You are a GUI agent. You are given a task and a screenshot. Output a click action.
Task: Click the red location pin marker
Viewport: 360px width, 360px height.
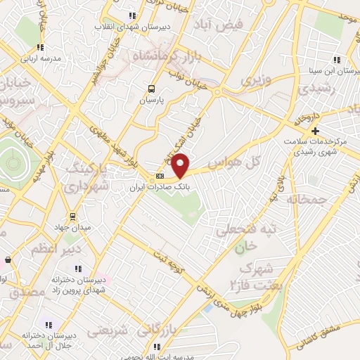[181, 165]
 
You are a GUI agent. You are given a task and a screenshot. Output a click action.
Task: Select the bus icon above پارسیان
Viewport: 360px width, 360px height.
[151, 89]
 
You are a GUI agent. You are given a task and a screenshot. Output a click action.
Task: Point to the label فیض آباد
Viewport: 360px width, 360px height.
[221, 25]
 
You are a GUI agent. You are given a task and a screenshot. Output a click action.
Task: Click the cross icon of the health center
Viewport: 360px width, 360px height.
[316, 131]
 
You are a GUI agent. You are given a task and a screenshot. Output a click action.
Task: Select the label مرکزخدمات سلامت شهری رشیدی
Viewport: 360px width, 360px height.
[320, 146]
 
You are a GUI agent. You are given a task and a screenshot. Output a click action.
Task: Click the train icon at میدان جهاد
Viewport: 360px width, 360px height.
[72, 216]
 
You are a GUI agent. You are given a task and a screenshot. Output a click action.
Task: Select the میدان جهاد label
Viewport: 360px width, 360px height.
[72, 227]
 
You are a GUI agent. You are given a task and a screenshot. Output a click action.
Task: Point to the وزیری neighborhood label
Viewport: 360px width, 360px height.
[255, 82]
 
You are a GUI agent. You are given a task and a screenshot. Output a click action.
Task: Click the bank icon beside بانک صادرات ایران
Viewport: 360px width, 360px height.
[160, 176]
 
